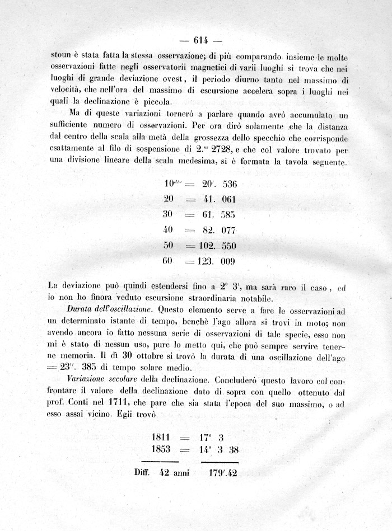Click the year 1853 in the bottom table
pos(163,449)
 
